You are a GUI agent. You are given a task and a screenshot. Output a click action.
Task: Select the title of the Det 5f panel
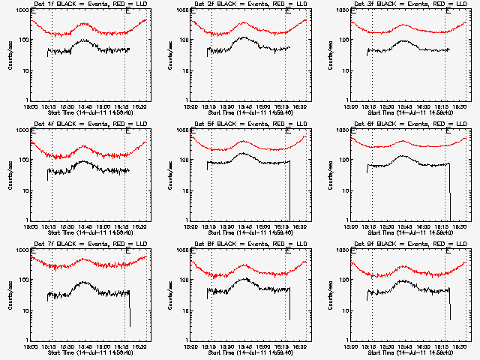coord(249,124)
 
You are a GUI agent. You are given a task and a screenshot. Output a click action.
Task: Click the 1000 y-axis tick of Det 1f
coord(21,11)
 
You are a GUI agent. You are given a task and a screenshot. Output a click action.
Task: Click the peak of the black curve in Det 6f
coord(403,156)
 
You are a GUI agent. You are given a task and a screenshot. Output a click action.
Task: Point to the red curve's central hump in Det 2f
coord(243,23)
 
